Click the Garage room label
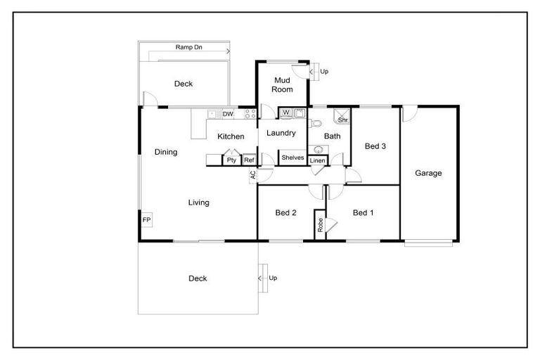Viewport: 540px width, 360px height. (428, 173)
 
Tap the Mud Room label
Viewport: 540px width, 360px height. (283, 84)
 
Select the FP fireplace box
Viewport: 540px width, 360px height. (147, 220)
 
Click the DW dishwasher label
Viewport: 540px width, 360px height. (228, 114)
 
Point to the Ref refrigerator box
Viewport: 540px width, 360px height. (249, 160)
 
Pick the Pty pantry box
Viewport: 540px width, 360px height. (231, 160)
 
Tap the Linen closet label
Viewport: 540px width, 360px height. (317, 161)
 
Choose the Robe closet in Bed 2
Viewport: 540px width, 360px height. (320, 224)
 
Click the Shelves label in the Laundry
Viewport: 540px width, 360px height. (292, 157)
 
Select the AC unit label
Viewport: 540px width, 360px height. (252, 176)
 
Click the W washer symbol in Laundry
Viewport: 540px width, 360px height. (286, 112)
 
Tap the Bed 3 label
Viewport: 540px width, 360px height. (375, 146)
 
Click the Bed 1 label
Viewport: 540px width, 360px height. (363, 213)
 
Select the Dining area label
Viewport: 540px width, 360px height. (166, 152)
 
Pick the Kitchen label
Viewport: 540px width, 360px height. (231, 136)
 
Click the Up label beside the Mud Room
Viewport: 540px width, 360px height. (324, 71)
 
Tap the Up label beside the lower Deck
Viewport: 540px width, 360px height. (273, 278)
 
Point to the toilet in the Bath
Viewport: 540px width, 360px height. (314, 124)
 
